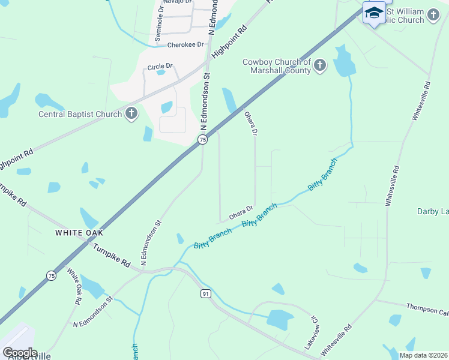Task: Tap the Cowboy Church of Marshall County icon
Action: [x=319, y=65]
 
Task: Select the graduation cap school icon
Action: [x=374, y=13]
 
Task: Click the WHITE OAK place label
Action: [x=79, y=232]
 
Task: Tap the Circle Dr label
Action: [x=160, y=66]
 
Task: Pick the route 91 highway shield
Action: [x=205, y=293]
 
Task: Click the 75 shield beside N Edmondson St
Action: [x=203, y=139]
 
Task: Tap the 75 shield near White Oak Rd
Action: [x=51, y=275]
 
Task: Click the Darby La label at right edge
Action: [x=433, y=211]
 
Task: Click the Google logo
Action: [x=20, y=353]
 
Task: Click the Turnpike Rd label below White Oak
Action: [x=111, y=255]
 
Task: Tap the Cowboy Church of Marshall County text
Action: [x=276, y=66]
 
